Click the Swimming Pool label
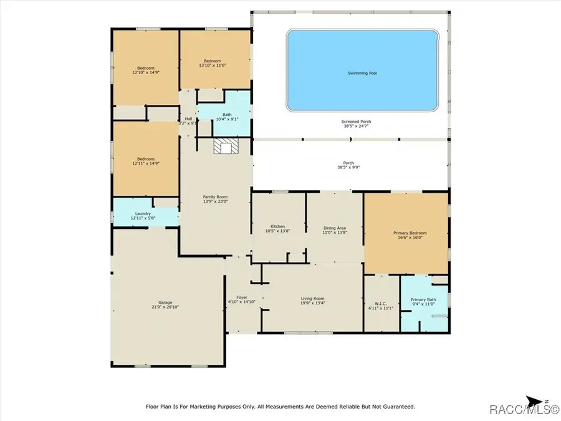(x=362, y=73)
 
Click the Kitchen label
(x=277, y=226)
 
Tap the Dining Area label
(x=335, y=228)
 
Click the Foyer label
(x=242, y=297)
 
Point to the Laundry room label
(x=143, y=213)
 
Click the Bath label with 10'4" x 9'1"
(x=227, y=114)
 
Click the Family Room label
(x=213, y=196)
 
